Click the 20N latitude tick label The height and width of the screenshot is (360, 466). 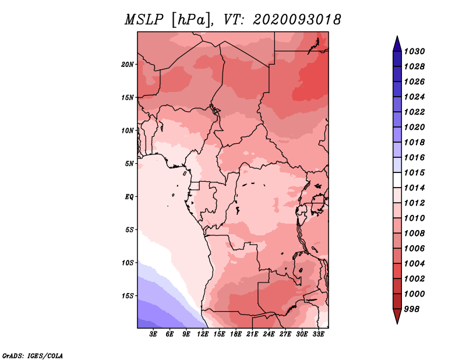pyautogui.click(x=128, y=64)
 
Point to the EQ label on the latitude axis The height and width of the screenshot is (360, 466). pyautogui.click(x=129, y=196)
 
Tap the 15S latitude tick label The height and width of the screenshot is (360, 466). pyautogui.click(x=128, y=296)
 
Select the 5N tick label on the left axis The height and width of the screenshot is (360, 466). pyautogui.click(x=129, y=164)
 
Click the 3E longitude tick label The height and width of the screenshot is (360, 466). pyautogui.click(x=153, y=334)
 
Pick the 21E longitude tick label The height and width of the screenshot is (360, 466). pyautogui.click(x=252, y=334)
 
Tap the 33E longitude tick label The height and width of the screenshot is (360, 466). pyautogui.click(x=318, y=334)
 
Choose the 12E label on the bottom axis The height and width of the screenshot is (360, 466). pyautogui.click(x=203, y=334)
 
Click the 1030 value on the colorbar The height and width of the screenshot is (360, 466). pyautogui.click(x=414, y=51)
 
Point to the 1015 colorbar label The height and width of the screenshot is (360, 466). pyautogui.click(x=414, y=172)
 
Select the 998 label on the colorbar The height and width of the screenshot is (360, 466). pyautogui.click(x=412, y=309)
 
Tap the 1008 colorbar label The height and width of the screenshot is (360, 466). pyautogui.click(x=414, y=234)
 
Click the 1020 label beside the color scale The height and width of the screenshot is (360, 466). pyautogui.click(x=414, y=127)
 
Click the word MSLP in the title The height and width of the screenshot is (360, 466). pyautogui.click(x=144, y=20)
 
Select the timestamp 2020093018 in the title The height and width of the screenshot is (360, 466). pyautogui.click(x=296, y=20)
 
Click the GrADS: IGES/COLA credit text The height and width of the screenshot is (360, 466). pyautogui.click(x=33, y=355)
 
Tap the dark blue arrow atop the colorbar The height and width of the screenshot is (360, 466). pyautogui.click(x=397, y=44)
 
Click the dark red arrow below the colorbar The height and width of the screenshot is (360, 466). pyautogui.click(x=397, y=316)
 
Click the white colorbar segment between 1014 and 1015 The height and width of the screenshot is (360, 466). pyautogui.click(x=397, y=180)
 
